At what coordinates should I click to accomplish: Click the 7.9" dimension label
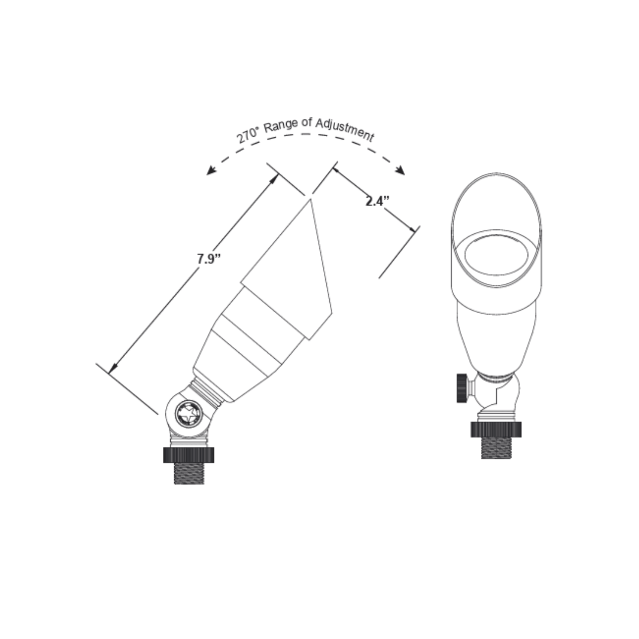pyautogui.click(x=209, y=259)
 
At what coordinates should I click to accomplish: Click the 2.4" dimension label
pyautogui.click(x=377, y=201)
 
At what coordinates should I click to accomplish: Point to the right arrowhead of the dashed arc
pyautogui.click(x=400, y=170)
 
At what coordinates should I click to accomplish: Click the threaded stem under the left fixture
pyautogui.click(x=189, y=473)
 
